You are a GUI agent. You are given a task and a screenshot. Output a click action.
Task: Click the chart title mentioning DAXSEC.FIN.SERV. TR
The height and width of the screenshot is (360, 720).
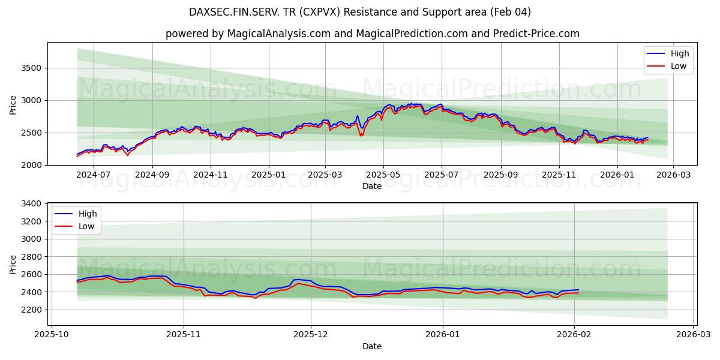click(360, 12)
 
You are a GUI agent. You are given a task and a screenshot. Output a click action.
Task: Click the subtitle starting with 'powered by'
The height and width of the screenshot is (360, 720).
click(372, 34)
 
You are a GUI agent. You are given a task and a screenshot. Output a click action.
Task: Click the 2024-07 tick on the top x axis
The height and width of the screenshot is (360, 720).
click(94, 174)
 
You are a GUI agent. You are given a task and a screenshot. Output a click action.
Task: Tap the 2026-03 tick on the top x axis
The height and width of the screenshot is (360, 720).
click(673, 174)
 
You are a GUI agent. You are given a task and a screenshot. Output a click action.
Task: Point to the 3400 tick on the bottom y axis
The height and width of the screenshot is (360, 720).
click(31, 204)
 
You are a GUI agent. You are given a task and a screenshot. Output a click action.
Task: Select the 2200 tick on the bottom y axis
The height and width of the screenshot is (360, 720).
click(31, 310)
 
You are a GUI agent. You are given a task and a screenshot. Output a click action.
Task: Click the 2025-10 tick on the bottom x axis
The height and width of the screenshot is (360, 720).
click(51, 335)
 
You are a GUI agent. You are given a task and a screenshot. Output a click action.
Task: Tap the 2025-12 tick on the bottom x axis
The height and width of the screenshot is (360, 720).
click(311, 335)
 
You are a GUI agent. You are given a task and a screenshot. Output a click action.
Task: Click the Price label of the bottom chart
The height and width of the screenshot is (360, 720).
click(13, 264)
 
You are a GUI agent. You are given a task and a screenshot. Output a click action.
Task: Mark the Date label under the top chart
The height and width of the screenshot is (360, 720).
click(372, 186)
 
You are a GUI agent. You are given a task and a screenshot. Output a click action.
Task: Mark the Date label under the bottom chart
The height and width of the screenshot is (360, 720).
click(372, 346)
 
